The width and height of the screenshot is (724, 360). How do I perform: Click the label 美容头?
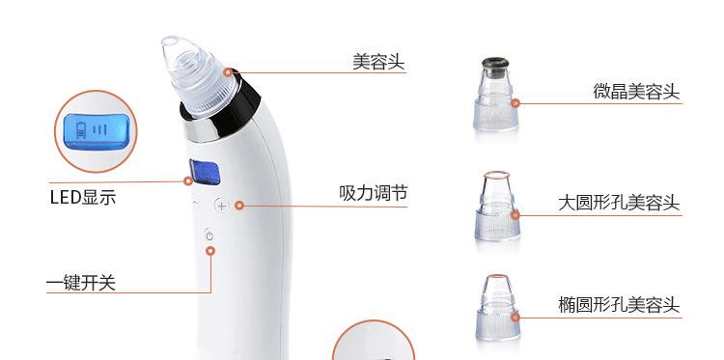[378, 62]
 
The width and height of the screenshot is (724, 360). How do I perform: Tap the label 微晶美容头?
[636, 92]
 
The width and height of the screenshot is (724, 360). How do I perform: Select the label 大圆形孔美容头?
[619, 203]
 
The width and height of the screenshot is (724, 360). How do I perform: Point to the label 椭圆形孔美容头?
[619, 305]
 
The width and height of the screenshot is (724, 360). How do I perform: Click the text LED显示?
[83, 198]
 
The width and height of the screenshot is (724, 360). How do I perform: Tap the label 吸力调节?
[374, 193]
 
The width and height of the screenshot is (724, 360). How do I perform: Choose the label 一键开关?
[81, 283]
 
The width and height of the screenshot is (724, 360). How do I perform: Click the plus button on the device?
[222, 206]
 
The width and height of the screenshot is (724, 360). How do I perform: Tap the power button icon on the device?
[209, 235]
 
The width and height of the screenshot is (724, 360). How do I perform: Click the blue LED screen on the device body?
[204, 171]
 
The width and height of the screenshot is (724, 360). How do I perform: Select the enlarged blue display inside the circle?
[96, 131]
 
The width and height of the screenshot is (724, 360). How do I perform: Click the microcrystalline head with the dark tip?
[495, 94]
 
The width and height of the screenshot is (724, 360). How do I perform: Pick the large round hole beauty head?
[497, 206]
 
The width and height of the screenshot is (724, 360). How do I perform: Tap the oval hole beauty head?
[498, 307]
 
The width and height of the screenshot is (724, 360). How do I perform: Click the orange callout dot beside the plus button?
[238, 206]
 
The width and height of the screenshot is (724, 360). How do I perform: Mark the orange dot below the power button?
[210, 251]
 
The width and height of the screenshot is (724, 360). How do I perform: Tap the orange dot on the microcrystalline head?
[515, 103]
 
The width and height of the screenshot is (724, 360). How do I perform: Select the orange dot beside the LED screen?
[188, 180]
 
